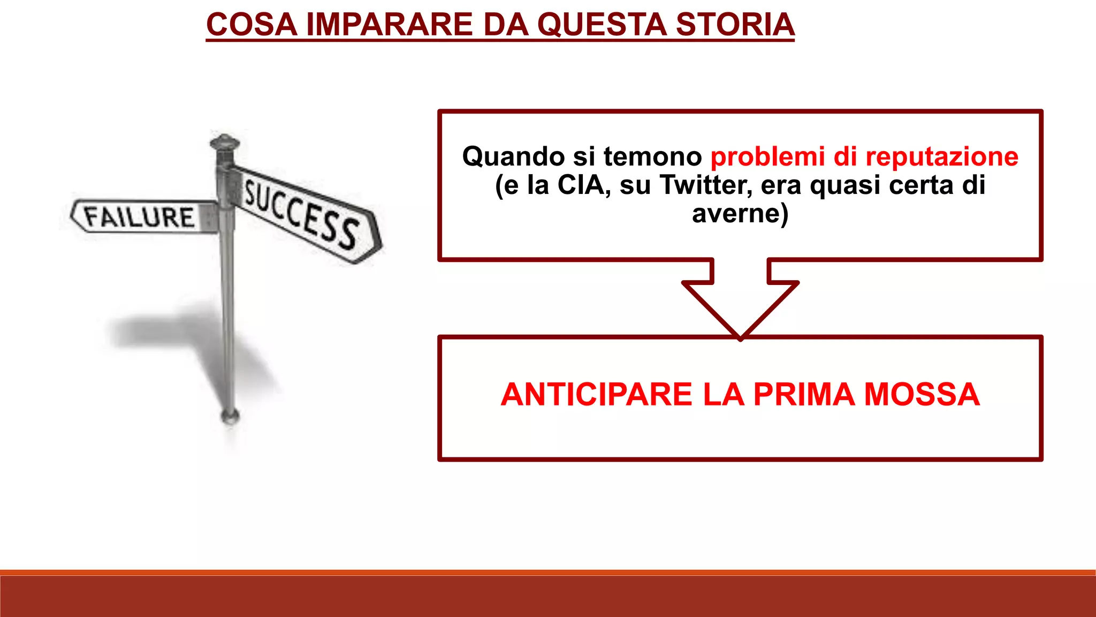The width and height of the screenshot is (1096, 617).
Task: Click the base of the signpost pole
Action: point(230,415)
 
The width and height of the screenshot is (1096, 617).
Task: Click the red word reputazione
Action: point(942,156)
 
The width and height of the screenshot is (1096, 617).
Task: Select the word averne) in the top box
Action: point(740,213)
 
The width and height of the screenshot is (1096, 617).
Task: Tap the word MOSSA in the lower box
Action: point(922,395)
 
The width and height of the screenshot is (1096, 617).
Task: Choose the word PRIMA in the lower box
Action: point(804,395)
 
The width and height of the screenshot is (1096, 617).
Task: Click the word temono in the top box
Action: point(652,156)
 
